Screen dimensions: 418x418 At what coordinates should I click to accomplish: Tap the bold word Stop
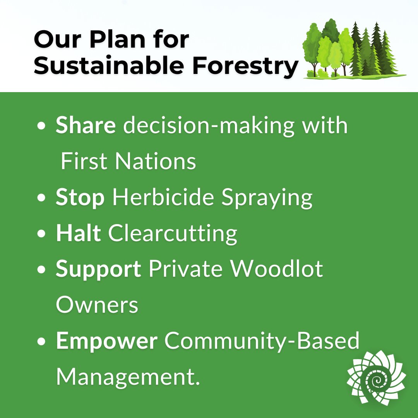tap(80, 197)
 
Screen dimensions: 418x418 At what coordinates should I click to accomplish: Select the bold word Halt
tap(79, 233)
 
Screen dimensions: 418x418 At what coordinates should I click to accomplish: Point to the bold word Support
tap(98, 270)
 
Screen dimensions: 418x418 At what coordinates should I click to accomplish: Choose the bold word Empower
tap(106, 341)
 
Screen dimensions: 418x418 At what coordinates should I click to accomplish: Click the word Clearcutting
tap(173, 233)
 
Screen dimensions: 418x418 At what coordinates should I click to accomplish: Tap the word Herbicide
tap(163, 197)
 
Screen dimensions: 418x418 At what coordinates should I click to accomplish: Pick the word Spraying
tap(267, 198)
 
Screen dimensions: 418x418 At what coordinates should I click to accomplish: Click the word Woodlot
tap(277, 269)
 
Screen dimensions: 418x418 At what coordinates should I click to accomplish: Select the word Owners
tap(97, 305)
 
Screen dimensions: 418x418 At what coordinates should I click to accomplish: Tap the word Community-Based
tap(262, 341)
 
